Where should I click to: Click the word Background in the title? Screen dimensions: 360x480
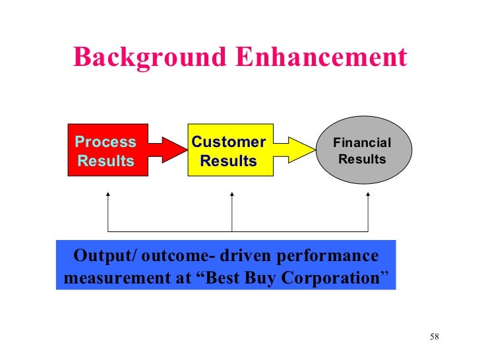[x=135, y=57]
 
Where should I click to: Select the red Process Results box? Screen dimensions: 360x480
[x=107, y=151]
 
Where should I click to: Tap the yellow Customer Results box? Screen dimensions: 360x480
[x=230, y=151]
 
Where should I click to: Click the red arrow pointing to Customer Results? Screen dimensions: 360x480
[x=169, y=150]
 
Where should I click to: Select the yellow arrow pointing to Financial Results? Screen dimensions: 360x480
[x=295, y=150]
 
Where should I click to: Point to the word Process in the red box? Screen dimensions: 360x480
[x=105, y=142]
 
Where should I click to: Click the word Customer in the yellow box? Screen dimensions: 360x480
[x=228, y=142]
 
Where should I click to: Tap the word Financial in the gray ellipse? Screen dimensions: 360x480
[x=362, y=143]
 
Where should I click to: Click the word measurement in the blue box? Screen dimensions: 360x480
[x=113, y=278]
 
